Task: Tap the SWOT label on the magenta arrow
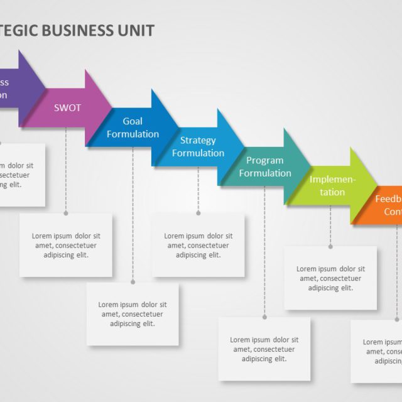[67, 107]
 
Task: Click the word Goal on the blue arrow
[133, 121]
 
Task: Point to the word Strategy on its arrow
[198, 140]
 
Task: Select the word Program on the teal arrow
[264, 160]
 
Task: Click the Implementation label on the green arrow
[332, 186]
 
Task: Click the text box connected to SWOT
[66, 245]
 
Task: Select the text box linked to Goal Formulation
[133, 314]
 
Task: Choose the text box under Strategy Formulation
[198, 245]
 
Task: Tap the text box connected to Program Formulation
[264, 349]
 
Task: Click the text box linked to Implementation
[330, 278]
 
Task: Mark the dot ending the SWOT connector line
[66, 213]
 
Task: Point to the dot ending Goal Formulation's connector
[133, 282]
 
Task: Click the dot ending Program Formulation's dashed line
[264, 317]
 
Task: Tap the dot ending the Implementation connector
[330, 246]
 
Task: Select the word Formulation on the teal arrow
[264, 173]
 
